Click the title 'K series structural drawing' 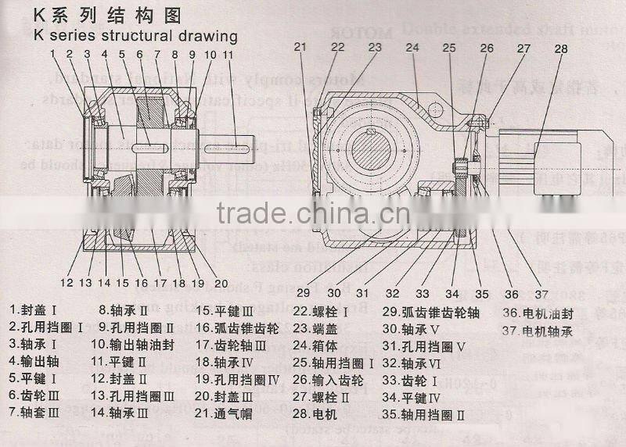tap(135, 36)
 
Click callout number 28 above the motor tap(560, 49)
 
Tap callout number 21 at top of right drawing tap(300, 47)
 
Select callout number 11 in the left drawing tap(228, 55)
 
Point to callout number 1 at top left tap(52, 54)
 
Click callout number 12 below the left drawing tap(67, 282)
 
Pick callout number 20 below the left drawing tap(220, 283)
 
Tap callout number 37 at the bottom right tap(541, 294)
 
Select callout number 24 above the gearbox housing tap(412, 48)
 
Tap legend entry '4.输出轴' tap(36, 360)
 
